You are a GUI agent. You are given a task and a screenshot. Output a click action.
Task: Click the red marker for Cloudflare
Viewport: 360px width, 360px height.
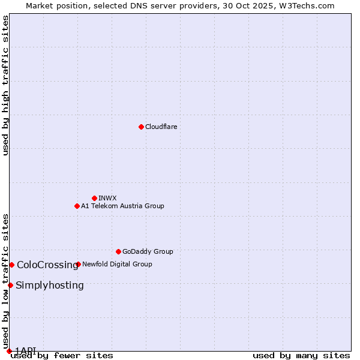141,127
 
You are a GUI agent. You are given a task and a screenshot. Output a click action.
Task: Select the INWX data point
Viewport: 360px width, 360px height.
94,198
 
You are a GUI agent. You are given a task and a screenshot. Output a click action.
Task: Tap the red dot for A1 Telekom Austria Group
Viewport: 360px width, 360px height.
77,206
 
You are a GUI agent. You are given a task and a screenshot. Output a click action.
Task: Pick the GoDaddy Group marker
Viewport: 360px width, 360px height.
118,251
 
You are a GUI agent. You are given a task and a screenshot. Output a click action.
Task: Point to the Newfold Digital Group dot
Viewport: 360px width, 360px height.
78,264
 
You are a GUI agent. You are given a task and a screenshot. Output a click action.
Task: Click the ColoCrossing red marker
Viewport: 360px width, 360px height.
11,265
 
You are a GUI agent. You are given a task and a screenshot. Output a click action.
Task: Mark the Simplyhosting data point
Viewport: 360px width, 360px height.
10,285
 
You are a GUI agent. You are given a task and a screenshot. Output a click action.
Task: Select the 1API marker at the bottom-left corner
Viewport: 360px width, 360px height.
9,351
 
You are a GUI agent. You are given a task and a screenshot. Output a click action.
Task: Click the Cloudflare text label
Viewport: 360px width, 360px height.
161,127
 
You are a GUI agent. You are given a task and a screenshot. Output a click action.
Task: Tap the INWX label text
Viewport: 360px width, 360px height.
107,198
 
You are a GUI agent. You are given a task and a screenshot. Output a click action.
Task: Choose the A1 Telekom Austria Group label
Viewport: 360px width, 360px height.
122,206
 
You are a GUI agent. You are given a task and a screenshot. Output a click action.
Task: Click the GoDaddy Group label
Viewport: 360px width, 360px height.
148,251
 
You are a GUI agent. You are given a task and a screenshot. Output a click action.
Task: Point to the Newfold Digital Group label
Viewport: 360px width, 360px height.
117,264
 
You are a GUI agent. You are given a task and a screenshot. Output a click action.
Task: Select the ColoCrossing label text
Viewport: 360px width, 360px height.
47,265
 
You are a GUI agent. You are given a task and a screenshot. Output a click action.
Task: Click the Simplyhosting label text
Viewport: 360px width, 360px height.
50,285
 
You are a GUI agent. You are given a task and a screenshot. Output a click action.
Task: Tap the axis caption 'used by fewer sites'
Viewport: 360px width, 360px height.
62,355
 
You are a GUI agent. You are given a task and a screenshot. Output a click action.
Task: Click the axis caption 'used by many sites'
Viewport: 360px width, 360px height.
301,355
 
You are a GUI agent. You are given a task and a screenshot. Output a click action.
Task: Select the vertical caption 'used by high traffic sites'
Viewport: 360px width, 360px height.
5,85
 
